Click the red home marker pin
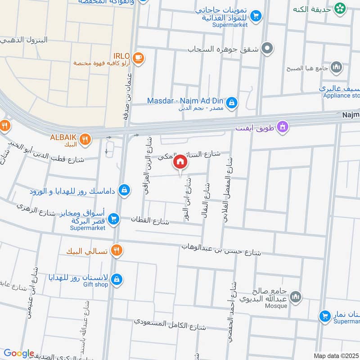[180, 162]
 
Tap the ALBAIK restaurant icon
[85, 139]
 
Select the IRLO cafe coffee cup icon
[139, 57]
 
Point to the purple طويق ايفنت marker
[283, 127]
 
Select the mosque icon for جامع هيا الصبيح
[336, 68]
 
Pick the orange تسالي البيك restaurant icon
[117, 250]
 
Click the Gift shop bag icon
[117, 279]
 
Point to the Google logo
[18, 353]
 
